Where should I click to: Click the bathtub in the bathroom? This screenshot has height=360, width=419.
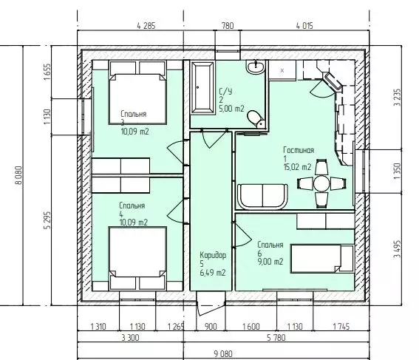coord(202,88)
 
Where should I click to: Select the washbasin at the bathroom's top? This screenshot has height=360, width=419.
coord(256,67)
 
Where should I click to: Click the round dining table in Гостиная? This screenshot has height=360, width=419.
coord(322,183)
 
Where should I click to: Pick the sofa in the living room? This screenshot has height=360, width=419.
coord(262,196)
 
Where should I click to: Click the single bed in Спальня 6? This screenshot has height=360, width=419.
coord(322,259)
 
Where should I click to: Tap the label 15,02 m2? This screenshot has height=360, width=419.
coord(297,167)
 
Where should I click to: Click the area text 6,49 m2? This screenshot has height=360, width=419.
coord(213,273)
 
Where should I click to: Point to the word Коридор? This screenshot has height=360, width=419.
coord(213,255)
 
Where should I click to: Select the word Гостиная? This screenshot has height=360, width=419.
coord(299,150)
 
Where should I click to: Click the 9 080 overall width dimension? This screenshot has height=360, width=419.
coord(223,354)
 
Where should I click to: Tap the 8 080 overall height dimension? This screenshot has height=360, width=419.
coord(18,175)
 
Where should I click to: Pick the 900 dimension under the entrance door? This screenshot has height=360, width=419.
coord(211,327)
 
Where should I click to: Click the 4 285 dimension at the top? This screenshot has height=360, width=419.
coord(146,26)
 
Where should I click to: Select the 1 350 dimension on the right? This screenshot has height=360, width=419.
coord(398,171)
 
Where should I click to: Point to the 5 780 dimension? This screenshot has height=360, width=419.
coord(276,338)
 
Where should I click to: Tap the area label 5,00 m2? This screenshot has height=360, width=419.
coord(231,109)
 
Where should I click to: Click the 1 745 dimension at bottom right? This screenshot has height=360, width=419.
coord(341,327)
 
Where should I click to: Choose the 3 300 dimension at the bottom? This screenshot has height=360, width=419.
coord(130,338)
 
